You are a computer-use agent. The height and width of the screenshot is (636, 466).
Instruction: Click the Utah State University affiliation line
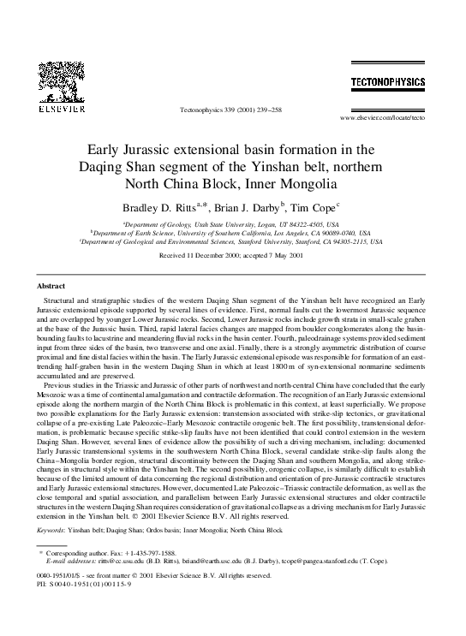(x=232, y=223)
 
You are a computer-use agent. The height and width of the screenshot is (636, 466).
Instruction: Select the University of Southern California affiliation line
(x=232, y=232)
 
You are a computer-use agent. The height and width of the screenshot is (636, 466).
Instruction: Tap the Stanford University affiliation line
(x=232, y=241)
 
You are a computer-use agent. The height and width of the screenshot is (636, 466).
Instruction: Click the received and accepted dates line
(x=232, y=255)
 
